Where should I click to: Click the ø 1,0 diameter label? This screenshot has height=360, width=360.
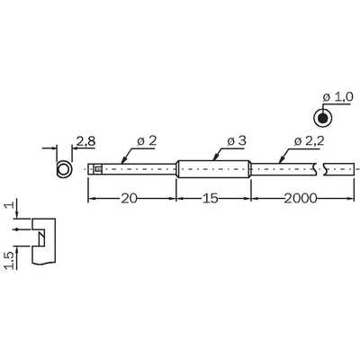pyautogui.click(x=338, y=97)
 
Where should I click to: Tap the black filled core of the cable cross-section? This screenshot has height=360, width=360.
pyautogui.click(x=323, y=118)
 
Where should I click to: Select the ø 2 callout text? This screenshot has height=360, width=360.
pyautogui.click(x=147, y=141)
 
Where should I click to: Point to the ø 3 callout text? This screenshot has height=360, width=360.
pyautogui.click(x=237, y=141)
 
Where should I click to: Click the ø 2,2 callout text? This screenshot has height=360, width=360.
pyautogui.click(x=310, y=141)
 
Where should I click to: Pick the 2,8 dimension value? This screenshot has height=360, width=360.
pyautogui.click(x=85, y=141)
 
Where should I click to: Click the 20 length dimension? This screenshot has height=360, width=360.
pyautogui.click(x=129, y=198)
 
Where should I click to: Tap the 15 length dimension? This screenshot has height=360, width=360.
pyautogui.click(x=210, y=198)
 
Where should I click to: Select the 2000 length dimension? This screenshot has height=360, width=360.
pyautogui.click(x=301, y=198)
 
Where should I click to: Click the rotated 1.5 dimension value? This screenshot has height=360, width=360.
pyautogui.click(x=10, y=260)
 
